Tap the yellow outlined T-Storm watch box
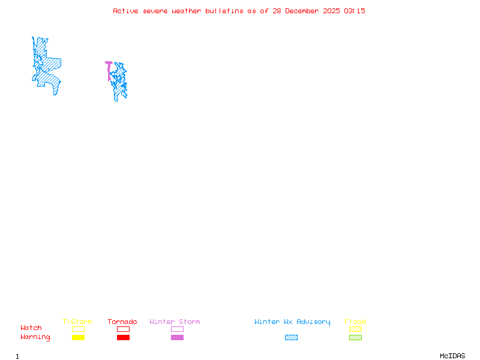(x=78, y=329)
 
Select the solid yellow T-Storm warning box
(x=78, y=338)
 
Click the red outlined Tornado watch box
(x=123, y=329)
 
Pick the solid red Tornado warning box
(x=123, y=338)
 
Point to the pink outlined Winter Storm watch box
(x=177, y=329)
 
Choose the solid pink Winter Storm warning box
(x=177, y=338)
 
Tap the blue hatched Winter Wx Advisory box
(x=291, y=338)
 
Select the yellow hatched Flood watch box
(x=355, y=329)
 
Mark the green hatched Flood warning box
(x=355, y=338)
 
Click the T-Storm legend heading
(x=77, y=322)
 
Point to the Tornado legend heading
(x=122, y=322)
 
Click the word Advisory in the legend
(x=314, y=322)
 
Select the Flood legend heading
(x=355, y=322)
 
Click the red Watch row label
(x=31, y=328)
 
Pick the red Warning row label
(x=35, y=337)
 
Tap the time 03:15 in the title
(x=355, y=11)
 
